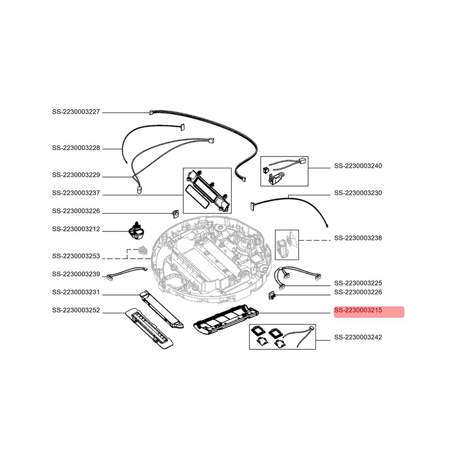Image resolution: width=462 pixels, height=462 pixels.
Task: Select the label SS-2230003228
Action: point(76,149)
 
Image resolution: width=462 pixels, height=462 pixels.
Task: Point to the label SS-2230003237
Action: point(76,194)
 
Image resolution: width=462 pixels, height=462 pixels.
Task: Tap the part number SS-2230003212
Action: point(76,229)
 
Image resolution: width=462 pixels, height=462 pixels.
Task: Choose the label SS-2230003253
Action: point(76,256)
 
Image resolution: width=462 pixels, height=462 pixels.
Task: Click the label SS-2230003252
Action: point(76,311)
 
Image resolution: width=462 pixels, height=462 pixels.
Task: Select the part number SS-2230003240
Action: point(358,166)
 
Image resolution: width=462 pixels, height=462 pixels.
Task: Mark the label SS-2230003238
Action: point(358,238)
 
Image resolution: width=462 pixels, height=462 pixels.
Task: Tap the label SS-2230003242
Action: point(358,338)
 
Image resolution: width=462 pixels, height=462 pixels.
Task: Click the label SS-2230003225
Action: point(358,283)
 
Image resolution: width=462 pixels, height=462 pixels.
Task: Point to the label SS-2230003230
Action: point(358,193)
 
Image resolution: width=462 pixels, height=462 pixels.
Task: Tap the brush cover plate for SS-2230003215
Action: point(225,320)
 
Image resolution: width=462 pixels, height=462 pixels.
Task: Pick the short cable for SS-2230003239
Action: point(127,274)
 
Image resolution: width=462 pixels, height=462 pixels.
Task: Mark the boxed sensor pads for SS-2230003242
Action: point(282,336)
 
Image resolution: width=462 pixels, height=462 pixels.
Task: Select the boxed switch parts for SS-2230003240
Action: point(285,170)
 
